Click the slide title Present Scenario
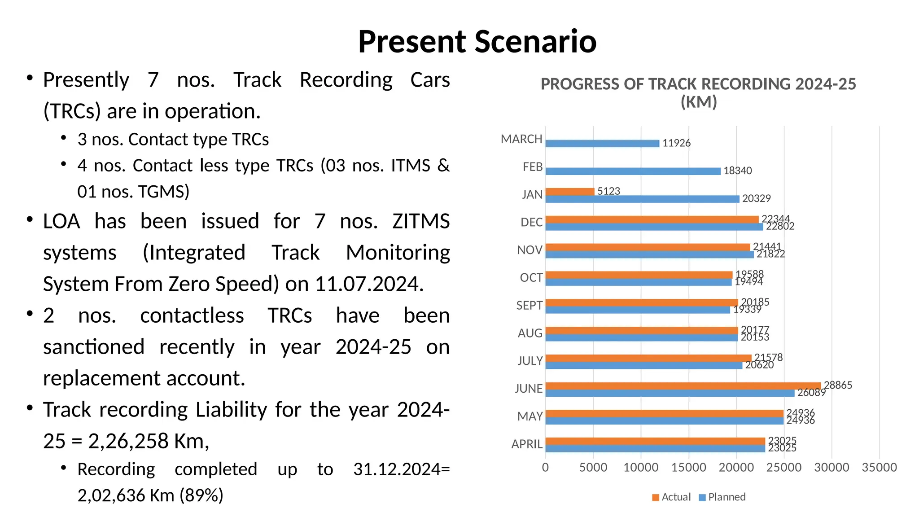point(477,41)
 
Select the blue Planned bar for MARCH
point(602,144)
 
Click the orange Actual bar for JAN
point(570,192)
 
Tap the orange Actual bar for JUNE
point(683,386)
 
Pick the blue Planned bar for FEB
point(633,171)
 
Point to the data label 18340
point(737,171)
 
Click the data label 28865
point(837,385)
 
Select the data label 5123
point(608,191)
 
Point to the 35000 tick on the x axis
point(879,468)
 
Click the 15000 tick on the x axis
point(688,468)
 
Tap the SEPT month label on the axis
point(529,306)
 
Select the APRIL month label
point(527,444)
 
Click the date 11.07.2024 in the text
point(369,284)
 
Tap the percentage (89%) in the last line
point(201,495)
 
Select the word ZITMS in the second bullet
point(420,221)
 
